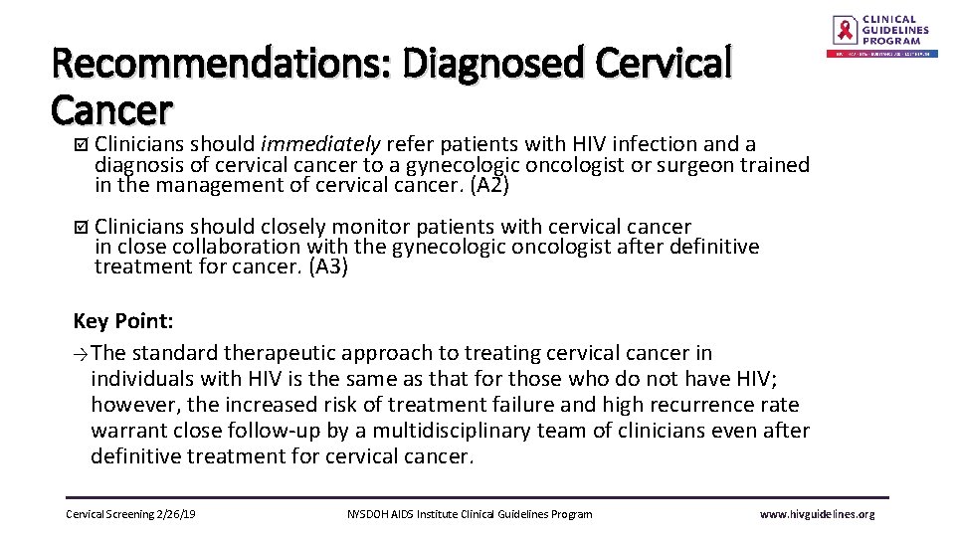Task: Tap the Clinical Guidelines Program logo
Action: point(882,37)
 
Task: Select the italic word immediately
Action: point(321,145)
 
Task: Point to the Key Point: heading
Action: point(123,320)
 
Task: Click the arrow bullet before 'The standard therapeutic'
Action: point(81,354)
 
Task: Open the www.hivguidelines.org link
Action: point(817,514)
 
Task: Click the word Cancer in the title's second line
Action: point(112,107)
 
